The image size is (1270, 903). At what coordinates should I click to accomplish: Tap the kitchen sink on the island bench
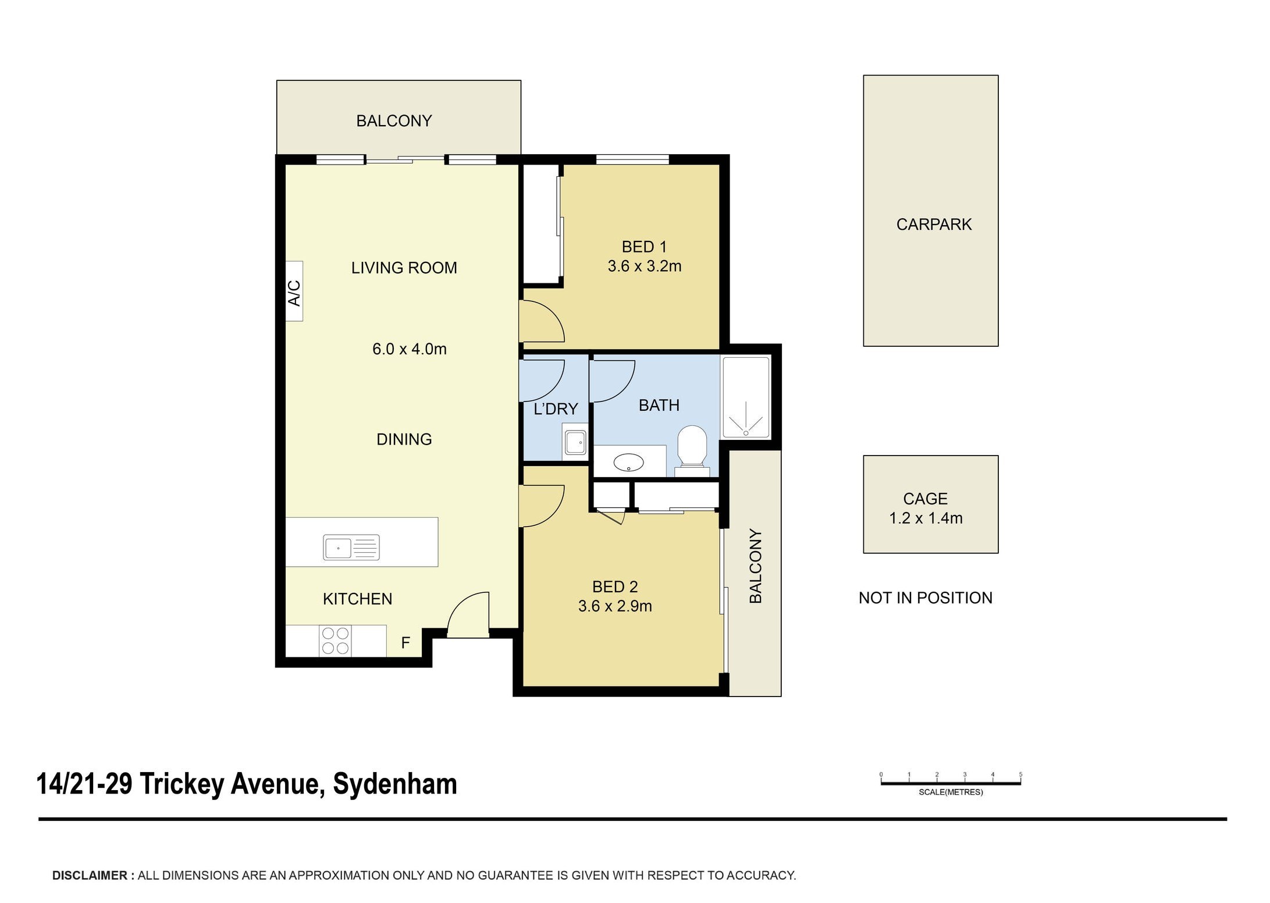tap(351, 548)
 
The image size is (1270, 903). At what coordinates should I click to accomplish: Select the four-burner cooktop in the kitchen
tap(335, 641)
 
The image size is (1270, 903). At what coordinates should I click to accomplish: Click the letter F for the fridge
tap(405, 643)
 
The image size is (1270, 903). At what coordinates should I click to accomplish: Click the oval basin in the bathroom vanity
tap(629, 463)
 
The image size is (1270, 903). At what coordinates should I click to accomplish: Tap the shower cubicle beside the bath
tap(746, 397)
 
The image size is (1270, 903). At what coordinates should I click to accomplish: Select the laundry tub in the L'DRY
tap(575, 443)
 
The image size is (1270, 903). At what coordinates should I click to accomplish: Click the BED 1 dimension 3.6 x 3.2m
tap(645, 266)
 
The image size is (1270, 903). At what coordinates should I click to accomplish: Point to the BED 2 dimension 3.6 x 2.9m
tap(615, 606)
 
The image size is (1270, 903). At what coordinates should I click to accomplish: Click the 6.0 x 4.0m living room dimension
tap(410, 349)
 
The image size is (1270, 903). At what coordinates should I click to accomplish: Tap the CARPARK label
tap(934, 225)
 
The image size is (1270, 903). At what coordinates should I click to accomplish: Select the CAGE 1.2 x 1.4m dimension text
tap(926, 518)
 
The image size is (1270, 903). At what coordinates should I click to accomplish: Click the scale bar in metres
tap(951, 783)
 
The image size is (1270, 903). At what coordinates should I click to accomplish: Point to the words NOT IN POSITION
tap(926, 598)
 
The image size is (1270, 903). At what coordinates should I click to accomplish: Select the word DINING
tap(404, 439)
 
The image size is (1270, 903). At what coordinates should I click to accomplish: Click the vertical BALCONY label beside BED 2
tap(755, 566)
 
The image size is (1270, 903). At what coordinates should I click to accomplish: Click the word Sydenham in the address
tap(395, 784)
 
